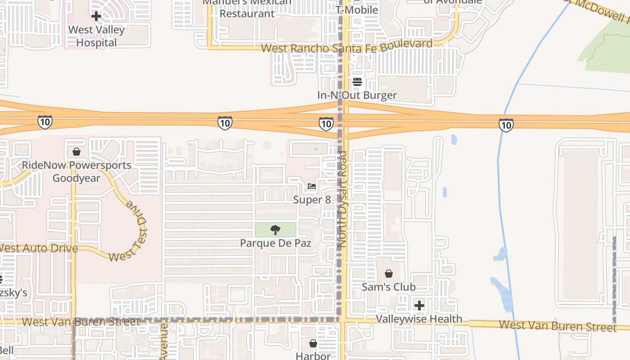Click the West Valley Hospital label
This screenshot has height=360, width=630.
(x=96, y=36)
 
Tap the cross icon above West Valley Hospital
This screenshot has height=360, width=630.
(x=96, y=17)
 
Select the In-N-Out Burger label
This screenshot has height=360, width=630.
(x=357, y=95)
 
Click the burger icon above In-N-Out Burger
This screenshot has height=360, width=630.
(x=357, y=82)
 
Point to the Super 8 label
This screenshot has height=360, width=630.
(x=312, y=200)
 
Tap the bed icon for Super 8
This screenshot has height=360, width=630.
(x=312, y=186)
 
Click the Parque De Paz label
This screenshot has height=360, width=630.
(x=275, y=243)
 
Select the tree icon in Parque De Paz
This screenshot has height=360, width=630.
(x=275, y=230)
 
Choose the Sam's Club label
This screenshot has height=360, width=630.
(x=389, y=287)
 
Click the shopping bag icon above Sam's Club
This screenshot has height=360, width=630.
(x=389, y=274)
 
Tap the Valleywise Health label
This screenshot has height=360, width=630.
(x=419, y=319)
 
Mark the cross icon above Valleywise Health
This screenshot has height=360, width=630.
(x=419, y=306)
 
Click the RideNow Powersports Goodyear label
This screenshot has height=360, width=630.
(x=76, y=171)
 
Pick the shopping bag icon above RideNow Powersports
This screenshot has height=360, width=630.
(x=76, y=152)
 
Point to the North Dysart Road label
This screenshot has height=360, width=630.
(x=342, y=199)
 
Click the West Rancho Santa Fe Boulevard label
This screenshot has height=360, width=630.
(x=346, y=46)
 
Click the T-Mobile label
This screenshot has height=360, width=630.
(x=357, y=9)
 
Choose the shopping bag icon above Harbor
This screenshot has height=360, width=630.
(x=313, y=344)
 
